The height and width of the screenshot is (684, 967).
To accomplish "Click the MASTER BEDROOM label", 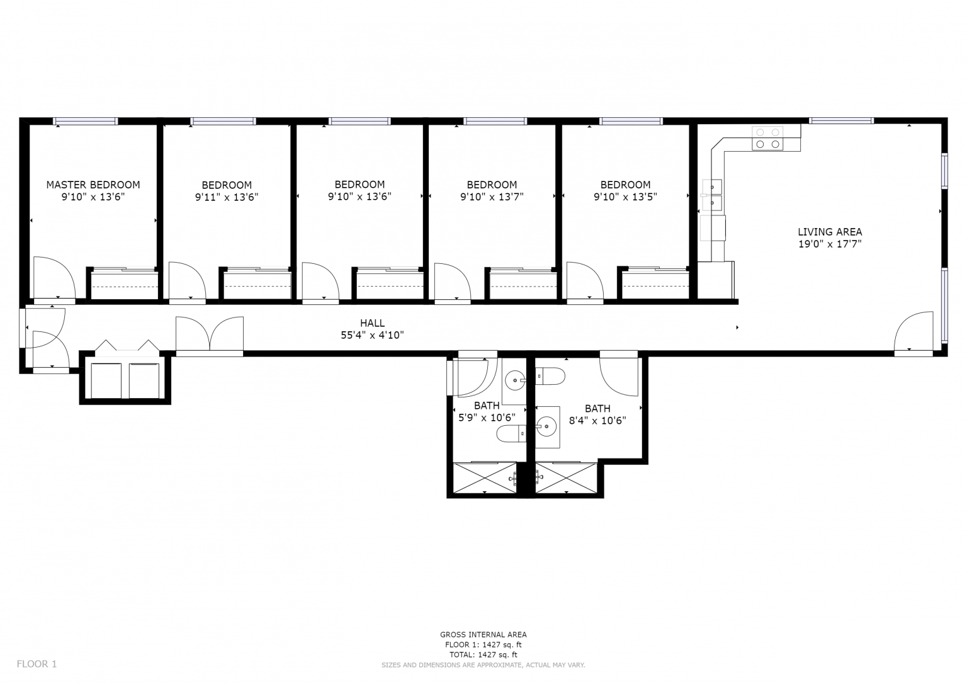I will [x=93, y=185].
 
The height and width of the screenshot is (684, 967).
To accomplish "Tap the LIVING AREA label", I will [x=830, y=232].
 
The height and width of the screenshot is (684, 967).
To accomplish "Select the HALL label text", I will [x=372, y=323].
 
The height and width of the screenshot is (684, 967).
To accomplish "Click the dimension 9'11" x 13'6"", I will [x=227, y=197].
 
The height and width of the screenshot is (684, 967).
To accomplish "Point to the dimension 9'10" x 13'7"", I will [x=492, y=197].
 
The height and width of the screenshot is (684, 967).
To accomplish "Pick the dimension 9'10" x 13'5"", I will [x=625, y=197].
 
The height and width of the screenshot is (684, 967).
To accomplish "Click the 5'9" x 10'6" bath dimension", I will [x=486, y=417].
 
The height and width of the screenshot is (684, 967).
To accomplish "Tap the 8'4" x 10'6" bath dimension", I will [x=597, y=420].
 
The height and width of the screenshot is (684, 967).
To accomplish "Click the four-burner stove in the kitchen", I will [x=768, y=138].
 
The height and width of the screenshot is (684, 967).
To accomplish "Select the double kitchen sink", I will [x=713, y=195].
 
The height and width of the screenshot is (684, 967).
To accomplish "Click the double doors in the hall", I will [x=210, y=334].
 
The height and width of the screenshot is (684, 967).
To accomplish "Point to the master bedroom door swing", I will [x=53, y=277].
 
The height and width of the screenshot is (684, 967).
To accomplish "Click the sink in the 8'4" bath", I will [x=547, y=426].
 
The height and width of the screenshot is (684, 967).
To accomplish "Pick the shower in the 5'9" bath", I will [x=485, y=478].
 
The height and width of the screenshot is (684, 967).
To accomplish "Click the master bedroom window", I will [x=86, y=121].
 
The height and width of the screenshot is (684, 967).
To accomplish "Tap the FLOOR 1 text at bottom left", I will [x=37, y=663].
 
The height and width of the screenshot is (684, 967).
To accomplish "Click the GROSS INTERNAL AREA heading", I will [x=483, y=634].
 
